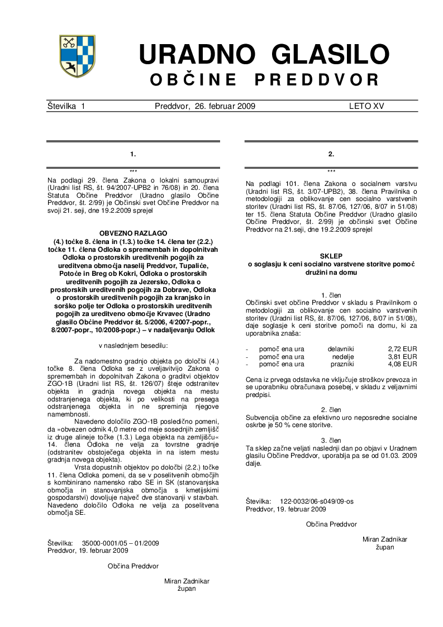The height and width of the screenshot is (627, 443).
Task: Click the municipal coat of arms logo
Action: coord(77,56)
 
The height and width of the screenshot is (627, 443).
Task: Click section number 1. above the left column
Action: coord(133,153)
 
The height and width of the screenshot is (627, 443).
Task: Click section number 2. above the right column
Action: coord(331,153)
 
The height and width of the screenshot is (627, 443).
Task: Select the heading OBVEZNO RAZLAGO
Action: coord(133,232)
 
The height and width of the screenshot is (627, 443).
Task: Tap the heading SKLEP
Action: coord(331,255)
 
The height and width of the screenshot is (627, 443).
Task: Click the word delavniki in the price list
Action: coord(341,349)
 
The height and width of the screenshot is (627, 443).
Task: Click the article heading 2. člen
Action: coord(331,410)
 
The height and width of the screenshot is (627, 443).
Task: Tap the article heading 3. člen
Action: coord(331,441)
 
